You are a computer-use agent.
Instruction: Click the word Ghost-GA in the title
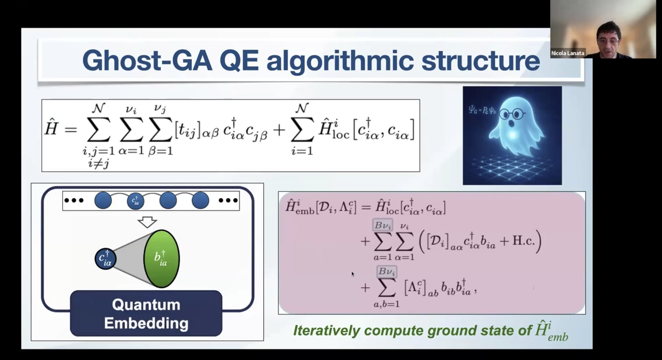click(147, 61)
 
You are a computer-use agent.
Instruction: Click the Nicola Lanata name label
click(568, 53)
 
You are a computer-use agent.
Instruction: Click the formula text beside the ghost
click(482, 110)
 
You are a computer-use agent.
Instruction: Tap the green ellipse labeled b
click(162, 258)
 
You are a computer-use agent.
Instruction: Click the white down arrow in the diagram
click(147, 222)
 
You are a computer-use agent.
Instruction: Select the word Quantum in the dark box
click(146, 305)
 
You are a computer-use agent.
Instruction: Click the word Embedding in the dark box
click(146, 323)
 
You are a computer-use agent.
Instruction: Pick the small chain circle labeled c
click(135, 201)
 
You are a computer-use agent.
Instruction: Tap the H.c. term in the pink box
click(523, 241)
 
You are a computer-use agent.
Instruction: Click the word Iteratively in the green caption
click(326, 331)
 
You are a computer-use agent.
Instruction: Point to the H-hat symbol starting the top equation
click(51, 128)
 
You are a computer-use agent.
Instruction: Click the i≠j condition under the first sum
click(99, 163)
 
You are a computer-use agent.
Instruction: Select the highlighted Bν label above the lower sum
click(386, 271)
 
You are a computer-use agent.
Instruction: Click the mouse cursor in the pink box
click(353, 274)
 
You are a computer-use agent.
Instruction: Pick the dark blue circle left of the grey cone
click(106, 258)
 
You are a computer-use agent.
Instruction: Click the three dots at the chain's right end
click(228, 201)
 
